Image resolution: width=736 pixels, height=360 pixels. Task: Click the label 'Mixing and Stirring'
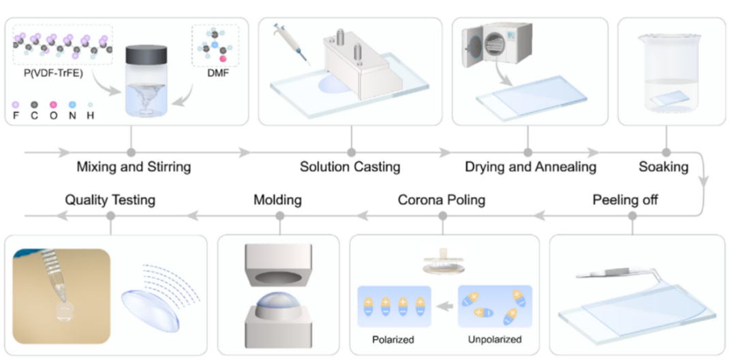(134, 166)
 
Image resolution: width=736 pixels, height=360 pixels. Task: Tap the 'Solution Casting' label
(350, 166)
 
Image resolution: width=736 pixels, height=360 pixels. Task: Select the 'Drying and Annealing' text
(530, 166)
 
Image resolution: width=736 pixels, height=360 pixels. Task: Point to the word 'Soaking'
(664, 166)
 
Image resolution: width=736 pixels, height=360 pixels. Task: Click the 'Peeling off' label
(626, 200)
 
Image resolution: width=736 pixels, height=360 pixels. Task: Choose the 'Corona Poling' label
(442, 200)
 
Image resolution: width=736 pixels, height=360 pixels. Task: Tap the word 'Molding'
(277, 200)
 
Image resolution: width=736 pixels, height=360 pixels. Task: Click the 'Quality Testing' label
(110, 200)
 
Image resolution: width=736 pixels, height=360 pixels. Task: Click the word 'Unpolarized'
(495, 339)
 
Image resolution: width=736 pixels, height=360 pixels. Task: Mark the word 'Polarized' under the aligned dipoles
(393, 339)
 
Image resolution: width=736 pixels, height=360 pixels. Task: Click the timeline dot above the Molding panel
(279, 216)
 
